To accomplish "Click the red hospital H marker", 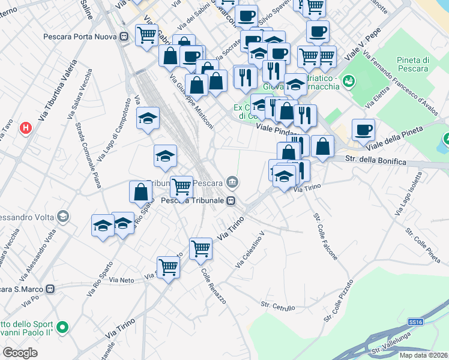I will coord(26,128).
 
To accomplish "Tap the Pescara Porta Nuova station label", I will coord(81,36).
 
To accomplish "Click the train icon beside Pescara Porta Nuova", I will coord(124,36).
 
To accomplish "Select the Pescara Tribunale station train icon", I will coord(231,200).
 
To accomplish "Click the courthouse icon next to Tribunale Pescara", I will coord(233,182).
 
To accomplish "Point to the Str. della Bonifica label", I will coord(376,161).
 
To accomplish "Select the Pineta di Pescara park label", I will coord(412,64).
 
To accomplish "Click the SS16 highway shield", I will coord(415,322).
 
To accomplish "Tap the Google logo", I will coord(20,353).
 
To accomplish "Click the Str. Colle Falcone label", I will coord(325,236).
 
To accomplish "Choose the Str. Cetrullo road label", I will coord(277,307).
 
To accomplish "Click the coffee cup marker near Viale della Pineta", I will coord(363,128).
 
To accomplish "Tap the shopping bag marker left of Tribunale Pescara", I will coord(140,192).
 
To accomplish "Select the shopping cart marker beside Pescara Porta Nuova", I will coord(146,35).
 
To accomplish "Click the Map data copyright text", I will coord(423,355).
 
